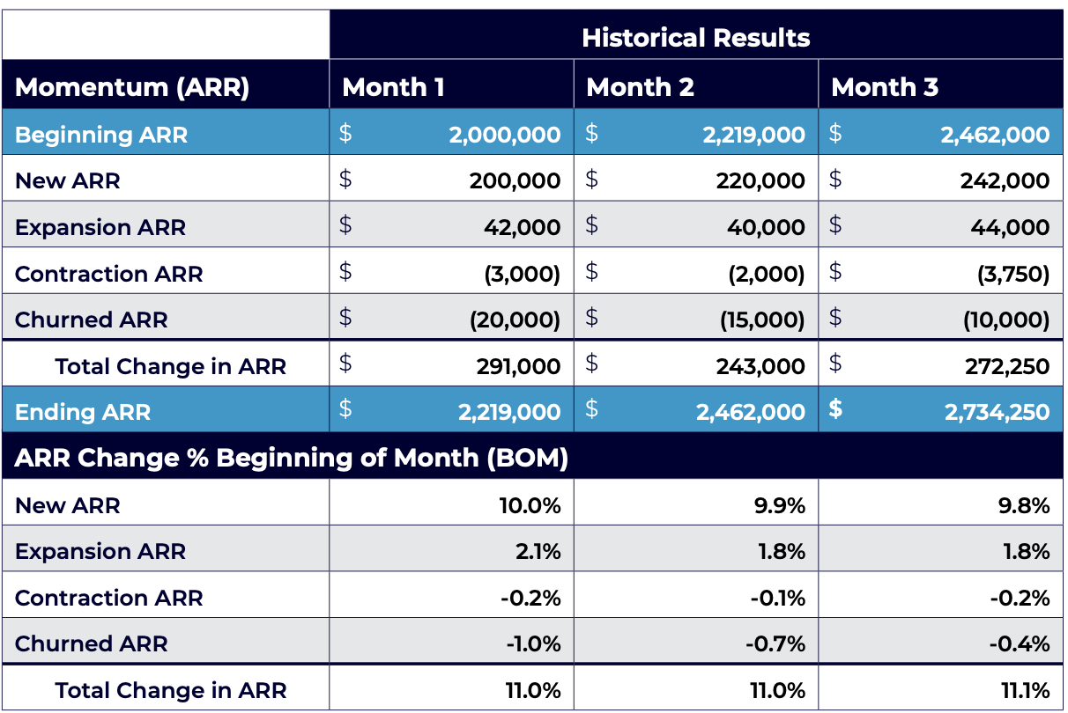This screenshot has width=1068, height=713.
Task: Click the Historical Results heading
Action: tap(695, 38)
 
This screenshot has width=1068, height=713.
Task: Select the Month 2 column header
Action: tap(640, 87)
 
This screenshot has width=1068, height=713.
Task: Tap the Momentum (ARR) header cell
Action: tap(132, 87)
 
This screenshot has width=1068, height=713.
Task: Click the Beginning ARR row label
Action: tap(101, 135)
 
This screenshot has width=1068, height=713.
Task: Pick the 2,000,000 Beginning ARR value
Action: tap(504, 135)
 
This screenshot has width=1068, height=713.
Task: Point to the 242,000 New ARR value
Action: tap(1005, 181)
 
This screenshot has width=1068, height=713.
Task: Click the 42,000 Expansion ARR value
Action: tap(522, 227)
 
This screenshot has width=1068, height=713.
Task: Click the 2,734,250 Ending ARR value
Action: tap(997, 412)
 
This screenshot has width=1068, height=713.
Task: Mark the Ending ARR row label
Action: tap(83, 412)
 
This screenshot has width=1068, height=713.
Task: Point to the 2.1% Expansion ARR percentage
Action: tap(539, 552)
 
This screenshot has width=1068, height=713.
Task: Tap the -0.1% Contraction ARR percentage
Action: tap(778, 599)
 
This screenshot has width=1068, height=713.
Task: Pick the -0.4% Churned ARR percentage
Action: tap(1020, 644)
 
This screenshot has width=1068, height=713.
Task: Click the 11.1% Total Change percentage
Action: tap(1025, 691)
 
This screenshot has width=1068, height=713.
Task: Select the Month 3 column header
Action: tap(885, 87)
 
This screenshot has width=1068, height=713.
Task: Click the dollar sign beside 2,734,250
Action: tap(835, 411)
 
